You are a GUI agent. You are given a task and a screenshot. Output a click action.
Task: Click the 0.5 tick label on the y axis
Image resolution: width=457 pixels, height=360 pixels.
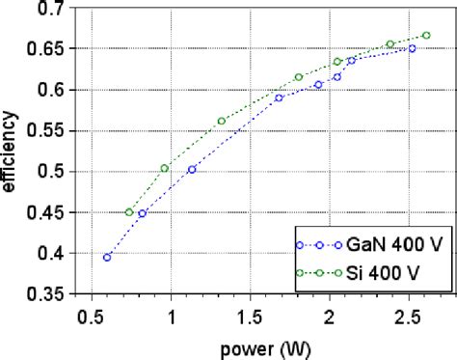tap(48, 172)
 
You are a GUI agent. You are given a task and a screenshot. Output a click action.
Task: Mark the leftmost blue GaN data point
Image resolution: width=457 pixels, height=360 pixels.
tap(107, 258)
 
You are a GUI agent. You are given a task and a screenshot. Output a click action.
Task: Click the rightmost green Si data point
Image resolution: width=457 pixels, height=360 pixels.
tap(426, 35)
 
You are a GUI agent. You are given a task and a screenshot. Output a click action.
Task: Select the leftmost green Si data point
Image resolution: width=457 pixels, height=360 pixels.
tap(129, 212)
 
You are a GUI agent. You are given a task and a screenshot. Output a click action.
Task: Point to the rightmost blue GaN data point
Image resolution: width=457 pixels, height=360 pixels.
tap(412, 48)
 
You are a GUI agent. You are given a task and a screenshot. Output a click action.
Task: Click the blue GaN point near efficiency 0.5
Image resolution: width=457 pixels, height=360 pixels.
tap(192, 170)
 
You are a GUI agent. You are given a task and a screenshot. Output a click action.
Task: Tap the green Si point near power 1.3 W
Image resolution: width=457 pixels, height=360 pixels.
tap(222, 121)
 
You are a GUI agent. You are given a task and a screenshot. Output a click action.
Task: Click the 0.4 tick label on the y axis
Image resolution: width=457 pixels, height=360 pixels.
tap(48, 254)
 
